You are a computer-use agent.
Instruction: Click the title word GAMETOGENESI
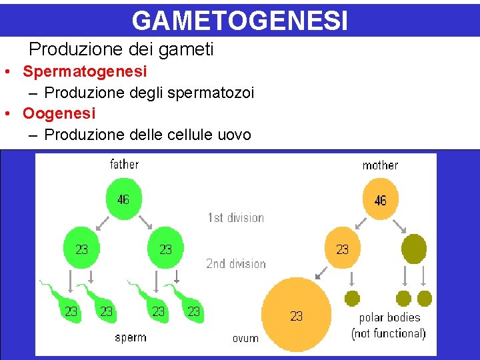pos(239,20)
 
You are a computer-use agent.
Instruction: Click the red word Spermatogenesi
pos(85,71)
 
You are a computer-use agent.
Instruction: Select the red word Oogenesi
pos(59,113)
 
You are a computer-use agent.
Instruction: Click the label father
pos(124,164)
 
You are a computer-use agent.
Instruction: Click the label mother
pos(380,165)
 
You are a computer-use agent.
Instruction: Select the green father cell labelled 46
pos(123,199)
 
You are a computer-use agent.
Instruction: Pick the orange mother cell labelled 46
pos(380,200)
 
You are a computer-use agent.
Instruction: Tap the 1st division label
pos(235,217)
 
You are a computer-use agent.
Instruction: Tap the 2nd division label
pos(235,263)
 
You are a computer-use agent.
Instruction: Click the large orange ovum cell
pos(297,315)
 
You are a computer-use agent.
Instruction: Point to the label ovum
pos(245,339)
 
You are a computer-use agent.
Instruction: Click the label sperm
pos(131,337)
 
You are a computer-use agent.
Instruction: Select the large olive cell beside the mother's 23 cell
pos(414,249)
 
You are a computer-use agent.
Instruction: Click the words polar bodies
pos(389,317)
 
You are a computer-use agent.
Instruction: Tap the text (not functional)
pos(389,333)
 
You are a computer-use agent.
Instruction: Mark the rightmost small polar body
pos(425,298)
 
